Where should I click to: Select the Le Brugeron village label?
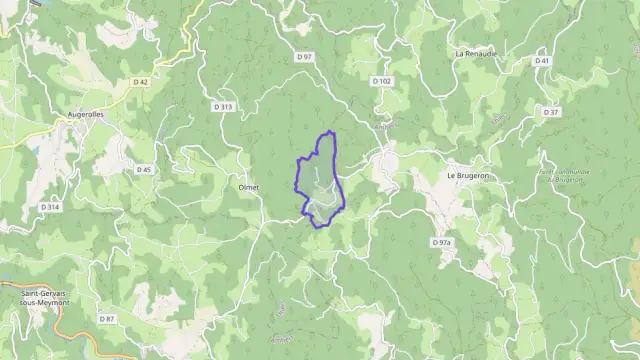pos(467,175)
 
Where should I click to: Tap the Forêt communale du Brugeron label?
pos(562,175)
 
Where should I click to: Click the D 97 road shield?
pos(304,57)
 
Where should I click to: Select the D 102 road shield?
pos(379,81)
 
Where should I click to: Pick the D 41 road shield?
pos(542,61)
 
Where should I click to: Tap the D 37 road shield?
pos(551,112)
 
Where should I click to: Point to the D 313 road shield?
pos(222,105)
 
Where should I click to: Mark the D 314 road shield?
pos(50,206)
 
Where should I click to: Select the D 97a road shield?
pos(442,243)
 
